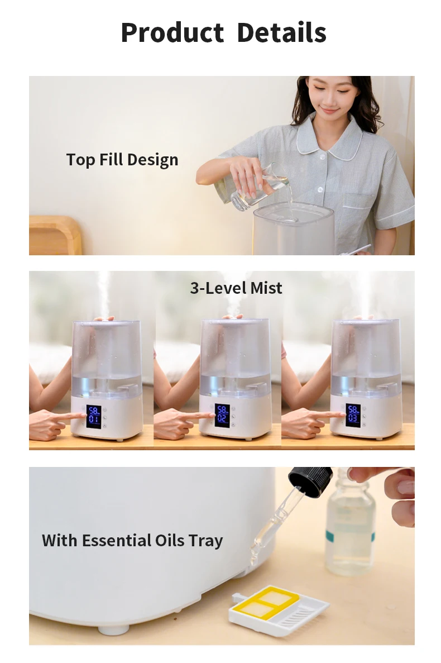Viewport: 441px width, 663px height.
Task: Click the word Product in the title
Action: [172, 32]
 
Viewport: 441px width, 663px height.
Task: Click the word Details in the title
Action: [282, 32]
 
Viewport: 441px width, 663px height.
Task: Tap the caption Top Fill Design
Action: [122, 160]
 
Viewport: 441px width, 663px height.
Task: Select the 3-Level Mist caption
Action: [236, 288]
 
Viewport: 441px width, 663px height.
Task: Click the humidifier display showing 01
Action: [94, 417]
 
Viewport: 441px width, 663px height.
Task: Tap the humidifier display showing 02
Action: [222, 416]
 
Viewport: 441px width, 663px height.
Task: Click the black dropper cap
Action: [310, 481]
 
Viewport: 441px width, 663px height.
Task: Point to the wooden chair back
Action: [55, 235]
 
